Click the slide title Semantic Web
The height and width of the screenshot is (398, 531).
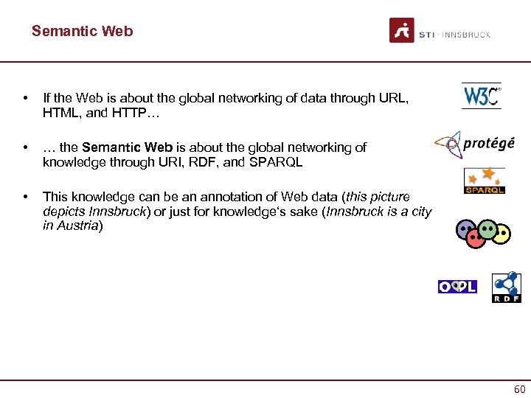[x=83, y=31]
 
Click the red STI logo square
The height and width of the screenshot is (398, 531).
[x=402, y=30]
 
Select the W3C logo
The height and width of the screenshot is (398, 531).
[x=481, y=96]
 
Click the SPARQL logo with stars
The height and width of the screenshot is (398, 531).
[x=484, y=181]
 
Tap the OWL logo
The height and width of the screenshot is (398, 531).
[x=457, y=287]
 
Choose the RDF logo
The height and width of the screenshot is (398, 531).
[x=506, y=287]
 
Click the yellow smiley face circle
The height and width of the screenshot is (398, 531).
[x=502, y=234]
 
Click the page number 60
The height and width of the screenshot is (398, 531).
[x=519, y=389]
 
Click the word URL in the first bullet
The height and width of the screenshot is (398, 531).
[x=392, y=97]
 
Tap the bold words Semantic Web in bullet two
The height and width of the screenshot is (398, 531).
[x=126, y=147]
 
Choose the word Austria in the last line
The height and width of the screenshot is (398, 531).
[x=78, y=226]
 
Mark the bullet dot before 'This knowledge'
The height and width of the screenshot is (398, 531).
[x=27, y=197]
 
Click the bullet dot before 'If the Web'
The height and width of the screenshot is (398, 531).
[x=27, y=97]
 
